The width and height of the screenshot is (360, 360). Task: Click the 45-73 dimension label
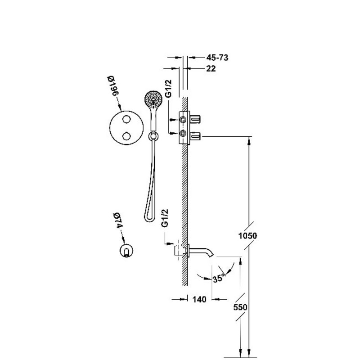click(x=217, y=58)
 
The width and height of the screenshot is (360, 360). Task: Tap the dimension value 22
click(x=211, y=68)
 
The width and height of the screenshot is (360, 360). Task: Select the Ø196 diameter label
click(x=113, y=87)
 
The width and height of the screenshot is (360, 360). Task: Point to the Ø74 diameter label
click(x=118, y=220)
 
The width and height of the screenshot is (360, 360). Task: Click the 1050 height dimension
click(x=247, y=235)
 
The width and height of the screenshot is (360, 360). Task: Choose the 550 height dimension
click(x=240, y=307)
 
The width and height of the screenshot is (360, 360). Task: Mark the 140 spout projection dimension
click(x=199, y=299)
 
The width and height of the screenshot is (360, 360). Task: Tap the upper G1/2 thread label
click(x=168, y=89)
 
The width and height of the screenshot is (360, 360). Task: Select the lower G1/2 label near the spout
click(x=165, y=218)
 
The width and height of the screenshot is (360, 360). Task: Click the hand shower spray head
click(x=153, y=100)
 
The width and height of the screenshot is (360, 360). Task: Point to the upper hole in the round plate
click(x=126, y=119)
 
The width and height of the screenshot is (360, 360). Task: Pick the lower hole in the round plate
click(x=126, y=136)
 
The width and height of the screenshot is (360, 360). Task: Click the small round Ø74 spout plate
click(x=126, y=250)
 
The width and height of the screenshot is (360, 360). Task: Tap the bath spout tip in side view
click(x=211, y=254)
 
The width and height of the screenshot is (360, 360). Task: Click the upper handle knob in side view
click(x=195, y=119)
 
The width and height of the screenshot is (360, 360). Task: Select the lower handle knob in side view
click(x=195, y=136)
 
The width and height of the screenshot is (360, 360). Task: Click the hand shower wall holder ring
click(x=153, y=136)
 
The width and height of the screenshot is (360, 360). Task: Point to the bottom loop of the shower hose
click(x=149, y=219)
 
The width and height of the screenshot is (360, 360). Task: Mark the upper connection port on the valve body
click(x=183, y=119)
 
